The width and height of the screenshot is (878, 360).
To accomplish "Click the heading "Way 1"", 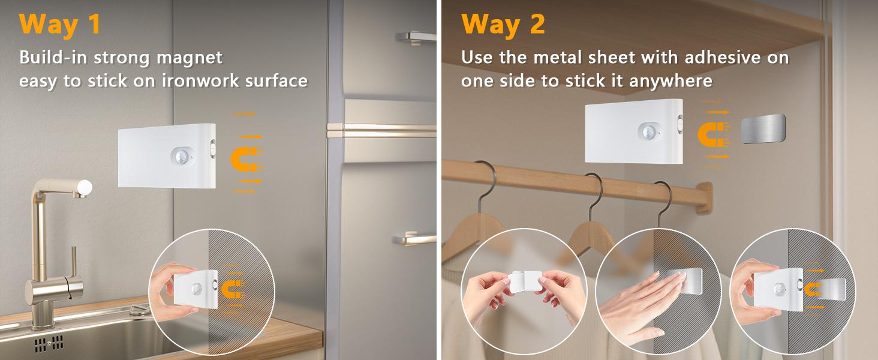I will pyautogui.click(x=59, y=25).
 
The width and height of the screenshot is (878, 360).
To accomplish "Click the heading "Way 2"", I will pyautogui.click(x=503, y=25).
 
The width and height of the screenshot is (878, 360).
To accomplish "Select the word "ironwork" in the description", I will pyautogui.click(x=201, y=81).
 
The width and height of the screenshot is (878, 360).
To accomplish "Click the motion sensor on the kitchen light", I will pyautogui.click(x=184, y=155).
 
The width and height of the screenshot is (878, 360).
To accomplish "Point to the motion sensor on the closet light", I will pyautogui.click(x=648, y=131).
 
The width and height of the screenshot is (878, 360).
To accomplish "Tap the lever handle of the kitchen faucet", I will pyautogui.click(x=74, y=264).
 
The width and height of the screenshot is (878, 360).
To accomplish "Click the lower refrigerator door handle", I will pyautogui.click(x=414, y=239).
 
